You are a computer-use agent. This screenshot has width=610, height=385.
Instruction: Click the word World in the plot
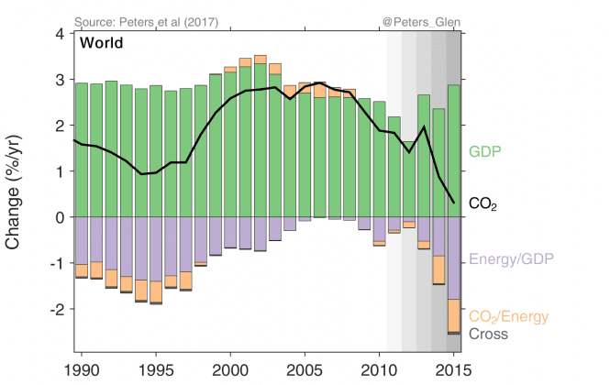102,42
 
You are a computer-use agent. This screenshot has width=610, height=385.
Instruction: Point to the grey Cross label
489,335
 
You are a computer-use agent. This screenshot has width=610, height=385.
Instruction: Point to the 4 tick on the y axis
59,34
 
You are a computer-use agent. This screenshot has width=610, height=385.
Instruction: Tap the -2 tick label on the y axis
56,310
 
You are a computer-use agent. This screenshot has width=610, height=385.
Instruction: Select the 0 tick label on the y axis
59,217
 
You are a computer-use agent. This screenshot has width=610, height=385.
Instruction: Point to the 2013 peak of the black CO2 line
424,127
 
